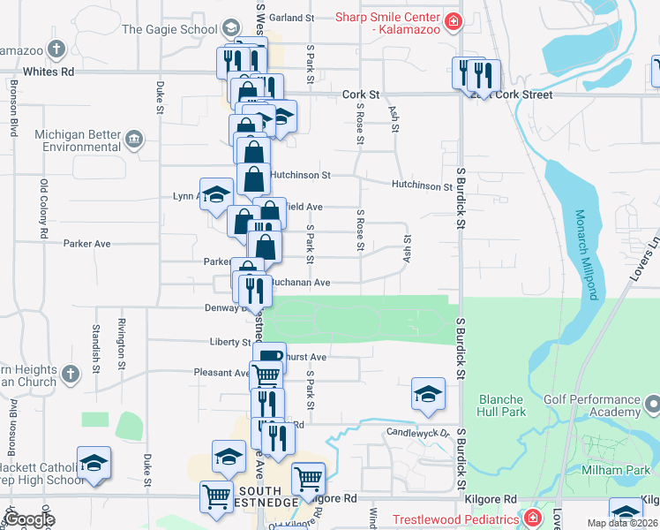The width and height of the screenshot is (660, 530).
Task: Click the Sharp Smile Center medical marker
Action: coord(453,21)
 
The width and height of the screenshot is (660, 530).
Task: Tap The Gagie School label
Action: coord(169,29)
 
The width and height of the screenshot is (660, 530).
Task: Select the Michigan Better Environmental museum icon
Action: coord(133,138)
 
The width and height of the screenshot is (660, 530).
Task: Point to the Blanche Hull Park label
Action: coord(501,405)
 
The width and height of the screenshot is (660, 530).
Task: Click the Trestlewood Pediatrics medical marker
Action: coord(533,519)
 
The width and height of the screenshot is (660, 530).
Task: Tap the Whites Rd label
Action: coord(49,72)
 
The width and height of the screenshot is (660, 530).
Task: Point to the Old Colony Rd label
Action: coord(44,208)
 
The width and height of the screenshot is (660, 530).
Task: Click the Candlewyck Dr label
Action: coord(418,433)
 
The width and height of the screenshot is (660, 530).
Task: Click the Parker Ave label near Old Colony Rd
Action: coord(86,243)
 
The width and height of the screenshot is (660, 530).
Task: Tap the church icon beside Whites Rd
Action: coord(57,49)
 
